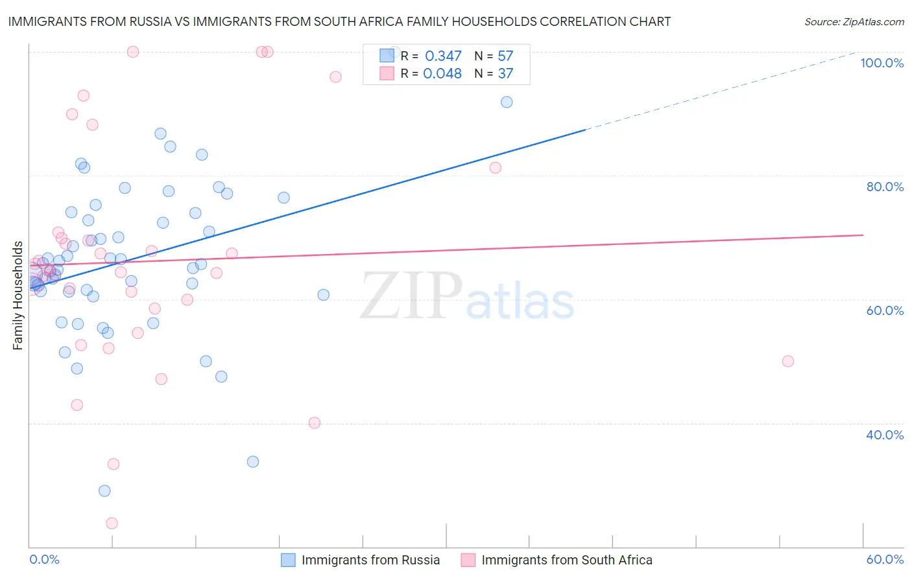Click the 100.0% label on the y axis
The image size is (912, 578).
point(882,63)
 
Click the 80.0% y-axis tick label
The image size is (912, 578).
point(885,187)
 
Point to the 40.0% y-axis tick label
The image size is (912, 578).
point(885,435)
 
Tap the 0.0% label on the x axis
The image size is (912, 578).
point(44,559)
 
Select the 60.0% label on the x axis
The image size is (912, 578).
point(885,559)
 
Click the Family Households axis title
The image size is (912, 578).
point(18,295)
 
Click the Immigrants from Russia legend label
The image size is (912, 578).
point(370,560)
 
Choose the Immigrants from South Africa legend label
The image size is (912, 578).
point(566,560)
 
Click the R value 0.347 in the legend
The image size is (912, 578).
point(443,56)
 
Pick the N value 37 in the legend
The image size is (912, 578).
point(505,74)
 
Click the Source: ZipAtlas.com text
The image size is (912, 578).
point(854,21)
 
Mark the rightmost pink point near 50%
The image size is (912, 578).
point(788,361)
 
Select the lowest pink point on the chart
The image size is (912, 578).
point(112,523)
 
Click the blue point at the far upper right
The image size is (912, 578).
point(507,102)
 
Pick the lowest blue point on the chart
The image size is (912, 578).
point(104,491)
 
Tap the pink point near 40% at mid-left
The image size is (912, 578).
point(315,422)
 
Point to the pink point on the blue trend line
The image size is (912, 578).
point(495,168)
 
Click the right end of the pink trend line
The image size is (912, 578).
point(863,235)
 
